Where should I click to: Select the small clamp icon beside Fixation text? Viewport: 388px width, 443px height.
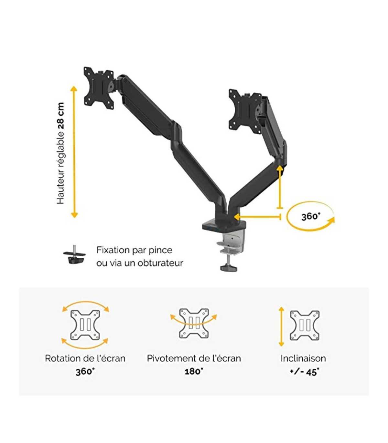coord(75,255)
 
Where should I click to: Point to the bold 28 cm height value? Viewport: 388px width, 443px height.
coord(61,116)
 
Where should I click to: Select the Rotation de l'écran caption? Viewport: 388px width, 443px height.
coord(85,358)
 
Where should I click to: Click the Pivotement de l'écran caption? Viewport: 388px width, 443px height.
coord(194,358)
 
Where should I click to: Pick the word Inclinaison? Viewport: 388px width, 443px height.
coord(303,358)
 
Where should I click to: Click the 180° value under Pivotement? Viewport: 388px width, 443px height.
coord(194,371)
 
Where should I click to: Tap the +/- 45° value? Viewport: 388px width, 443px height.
coord(304,372)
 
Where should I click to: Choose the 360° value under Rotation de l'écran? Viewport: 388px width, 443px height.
coord(85,372)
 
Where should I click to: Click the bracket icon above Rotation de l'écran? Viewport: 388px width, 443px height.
coord(85,325)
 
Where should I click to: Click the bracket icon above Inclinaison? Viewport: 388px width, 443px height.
coord(305,325)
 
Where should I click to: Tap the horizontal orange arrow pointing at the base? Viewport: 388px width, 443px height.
coord(257,217)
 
